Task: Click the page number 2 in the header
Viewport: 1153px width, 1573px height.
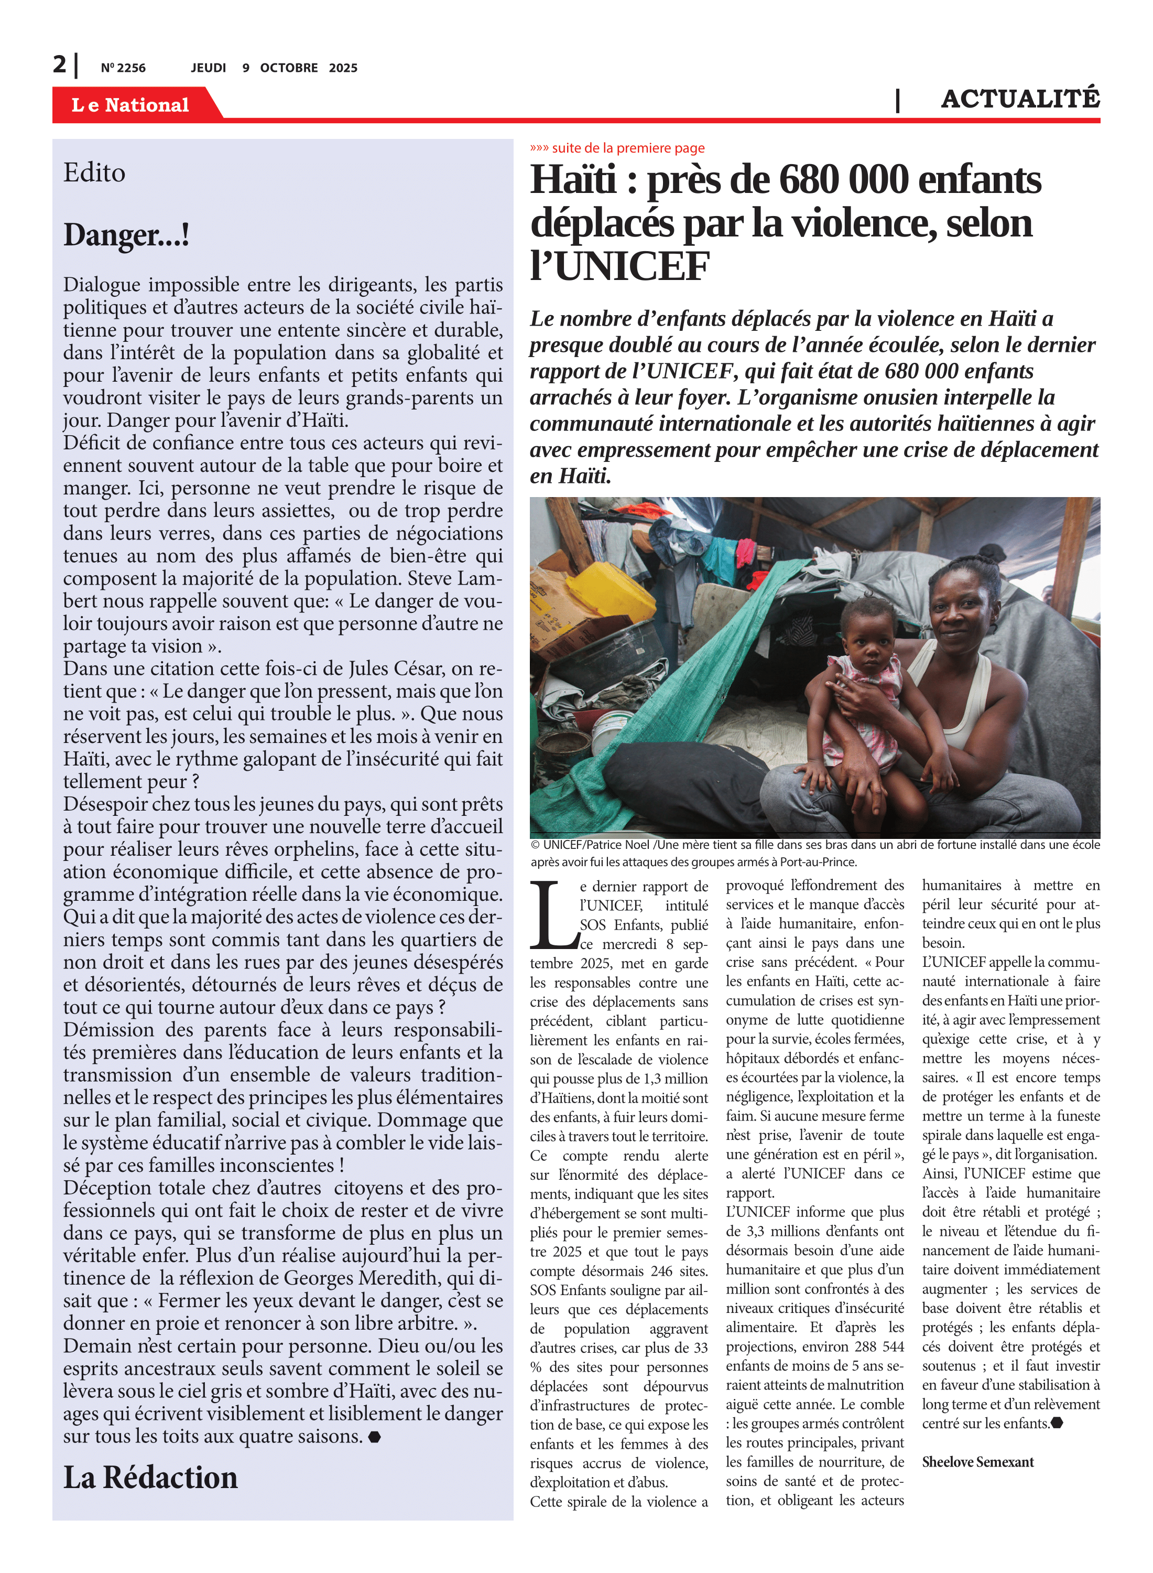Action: pos(59,65)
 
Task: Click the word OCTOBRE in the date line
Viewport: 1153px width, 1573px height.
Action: pos(288,68)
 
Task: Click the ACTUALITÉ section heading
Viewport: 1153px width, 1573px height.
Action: pos(1020,99)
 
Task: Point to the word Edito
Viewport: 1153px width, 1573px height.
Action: pos(94,173)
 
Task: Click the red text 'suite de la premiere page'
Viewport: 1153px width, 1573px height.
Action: pos(627,148)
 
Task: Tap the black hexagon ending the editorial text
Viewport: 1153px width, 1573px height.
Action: pos(374,1437)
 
